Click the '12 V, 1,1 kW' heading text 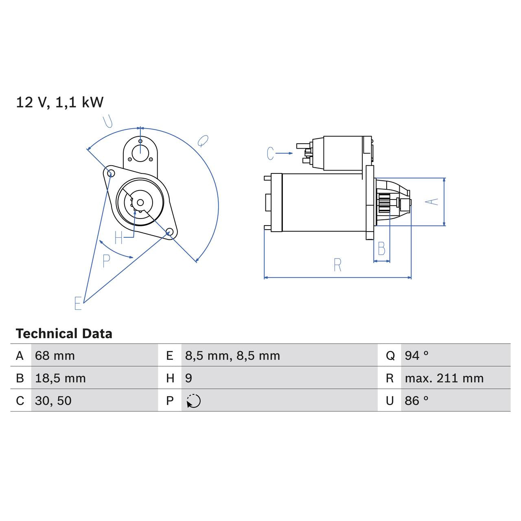[x=60, y=102]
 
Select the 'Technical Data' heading [x=64, y=334]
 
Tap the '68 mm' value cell [x=55, y=356]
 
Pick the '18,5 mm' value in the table [x=60, y=378]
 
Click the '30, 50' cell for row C [x=53, y=401]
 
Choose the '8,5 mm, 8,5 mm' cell [x=232, y=356]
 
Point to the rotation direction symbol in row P [x=194, y=401]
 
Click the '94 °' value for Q [x=416, y=356]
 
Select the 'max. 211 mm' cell [x=444, y=378]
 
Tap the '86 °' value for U [x=416, y=401]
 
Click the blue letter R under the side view [x=337, y=265]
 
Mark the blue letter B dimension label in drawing [x=381, y=248]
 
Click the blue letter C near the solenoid [x=270, y=153]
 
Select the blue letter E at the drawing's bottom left [x=78, y=303]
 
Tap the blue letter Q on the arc [x=202, y=141]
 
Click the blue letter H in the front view [x=118, y=238]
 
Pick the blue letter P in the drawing [x=106, y=261]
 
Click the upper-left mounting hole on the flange [x=109, y=173]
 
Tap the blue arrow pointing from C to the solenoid [x=285, y=153]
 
